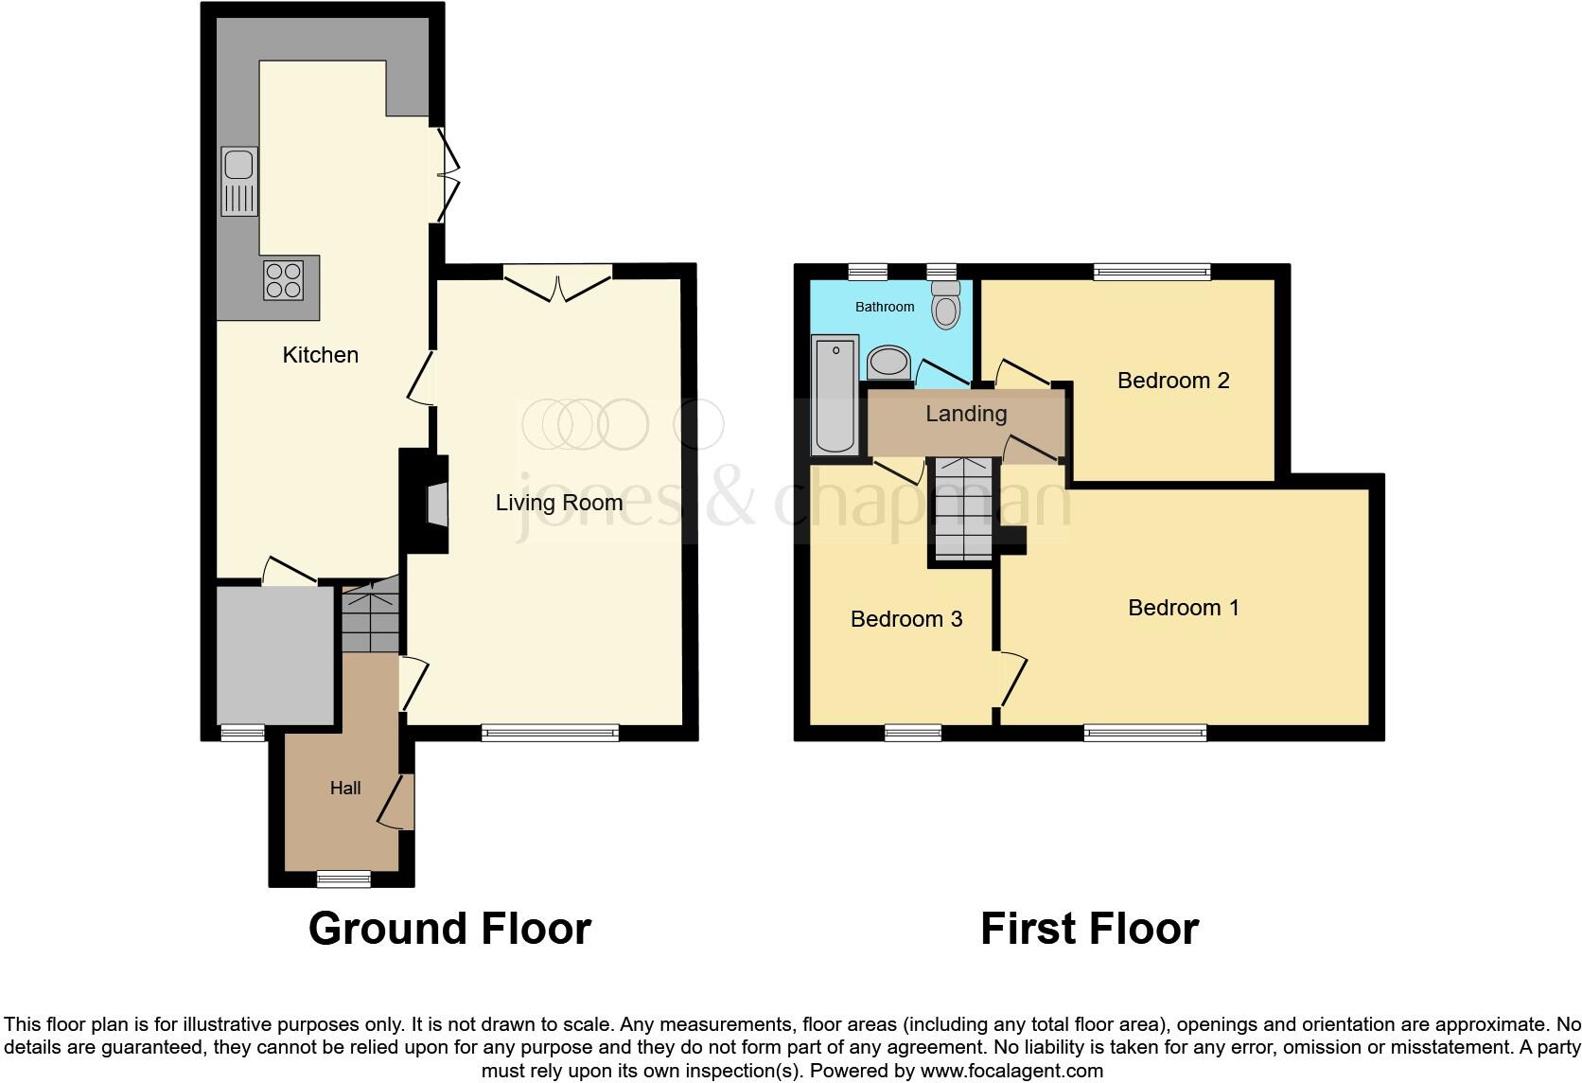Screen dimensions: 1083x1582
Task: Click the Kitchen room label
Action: click(321, 355)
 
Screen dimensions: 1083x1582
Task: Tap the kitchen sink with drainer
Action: click(239, 181)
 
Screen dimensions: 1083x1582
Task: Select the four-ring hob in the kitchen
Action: click(284, 279)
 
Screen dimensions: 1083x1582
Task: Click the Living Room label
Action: click(559, 503)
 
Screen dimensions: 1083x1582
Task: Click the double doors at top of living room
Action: click(558, 283)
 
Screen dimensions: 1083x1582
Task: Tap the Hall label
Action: click(345, 788)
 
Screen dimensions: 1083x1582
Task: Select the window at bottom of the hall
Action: click(343, 879)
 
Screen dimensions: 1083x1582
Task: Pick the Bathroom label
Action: click(885, 307)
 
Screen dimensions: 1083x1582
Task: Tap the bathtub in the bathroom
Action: click(835, 394)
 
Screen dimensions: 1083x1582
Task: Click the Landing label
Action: click(965, 414)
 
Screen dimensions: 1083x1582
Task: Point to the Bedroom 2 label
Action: click(1173, 381)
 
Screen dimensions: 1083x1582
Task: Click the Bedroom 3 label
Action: click(906, 619)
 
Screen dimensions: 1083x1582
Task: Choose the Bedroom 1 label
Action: click(1184, 608)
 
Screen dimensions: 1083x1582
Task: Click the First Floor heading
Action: click(1089, 929)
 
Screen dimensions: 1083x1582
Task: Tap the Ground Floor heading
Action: click(449, 929)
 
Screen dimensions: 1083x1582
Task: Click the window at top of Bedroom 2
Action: click(1151, 273)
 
